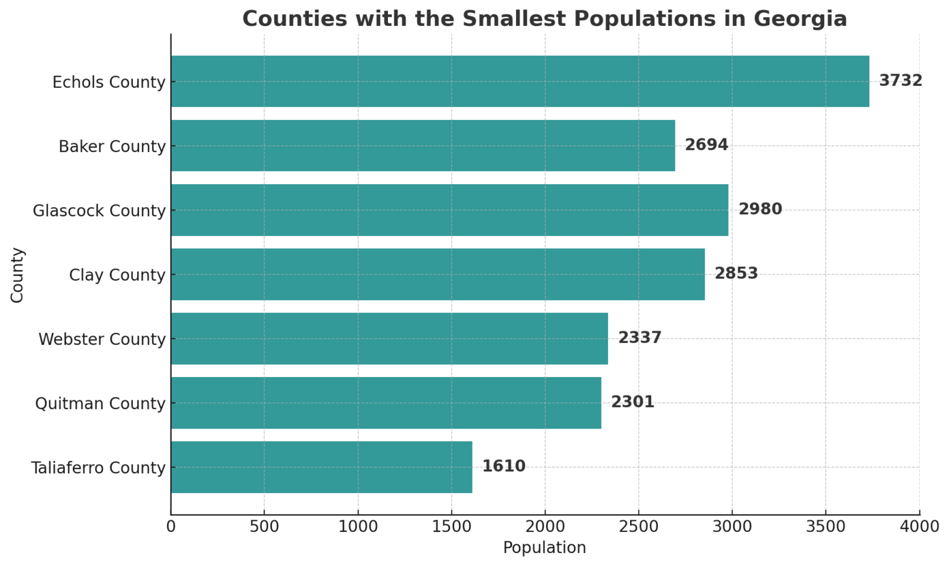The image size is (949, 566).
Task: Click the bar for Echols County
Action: point(520,82)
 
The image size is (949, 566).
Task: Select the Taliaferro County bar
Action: point(321,467)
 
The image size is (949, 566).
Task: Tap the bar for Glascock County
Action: point(449,210)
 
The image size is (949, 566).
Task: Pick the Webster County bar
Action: point(389,339)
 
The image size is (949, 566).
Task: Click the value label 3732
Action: point(900,81)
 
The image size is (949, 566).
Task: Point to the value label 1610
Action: point(504,467)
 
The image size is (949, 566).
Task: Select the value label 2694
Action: point(706,145)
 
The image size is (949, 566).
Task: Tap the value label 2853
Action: point(736,274)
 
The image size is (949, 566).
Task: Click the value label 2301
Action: point(632,402)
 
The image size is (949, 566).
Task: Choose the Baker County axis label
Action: point(112,146)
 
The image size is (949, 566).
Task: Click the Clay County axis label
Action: point(117,275)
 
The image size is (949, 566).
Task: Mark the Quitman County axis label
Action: point(100,403)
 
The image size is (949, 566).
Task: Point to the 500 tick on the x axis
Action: point(264,526)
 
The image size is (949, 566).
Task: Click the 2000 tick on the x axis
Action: point(545,526)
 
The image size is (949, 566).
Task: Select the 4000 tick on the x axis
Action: point(919,526)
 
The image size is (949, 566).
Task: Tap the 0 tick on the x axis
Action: point(171,526)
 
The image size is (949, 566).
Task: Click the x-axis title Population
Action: point(544,548)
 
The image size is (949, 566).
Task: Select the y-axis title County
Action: point(17,275)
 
